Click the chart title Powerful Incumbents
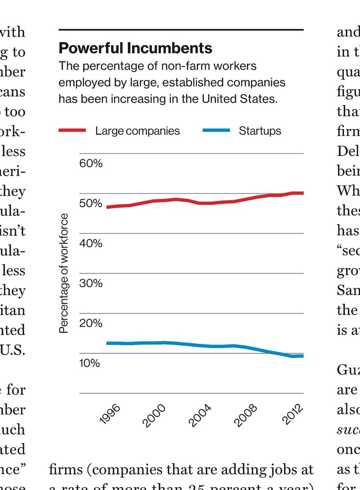(135, 48)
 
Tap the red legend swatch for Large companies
(72, 131)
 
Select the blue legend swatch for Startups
(216, 131)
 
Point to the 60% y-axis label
(91, 164)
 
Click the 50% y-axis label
(91, 203)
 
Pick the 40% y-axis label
(91, 243)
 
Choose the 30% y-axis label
(91, 283)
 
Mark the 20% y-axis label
(91, 323)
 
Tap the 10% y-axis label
(90, 363)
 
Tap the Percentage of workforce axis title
(64, 273)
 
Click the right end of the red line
(303, 193)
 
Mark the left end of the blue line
(107, 343)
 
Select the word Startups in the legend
(260, 131)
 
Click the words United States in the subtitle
(246, 99)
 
